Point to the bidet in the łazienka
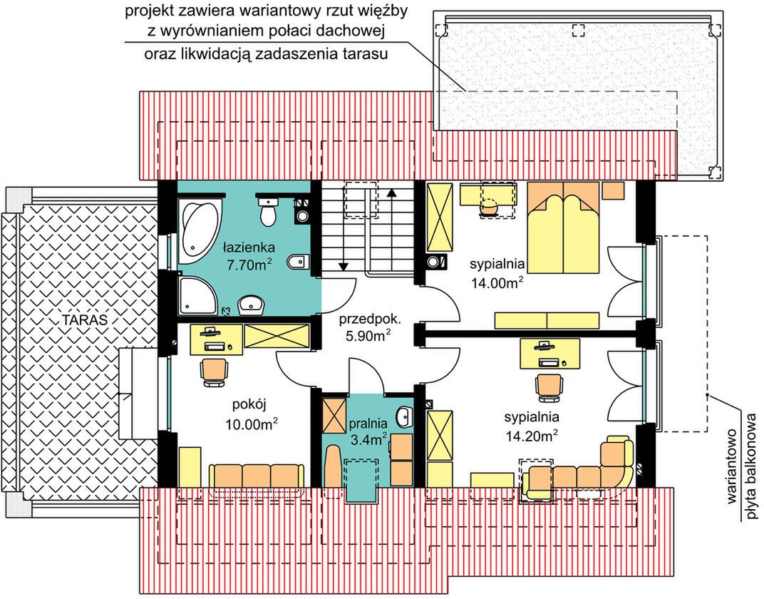[x=297, y=262]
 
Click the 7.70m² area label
[x=249, y=265]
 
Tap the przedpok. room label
[x=371, y=319]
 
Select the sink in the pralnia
[x=404, y=416]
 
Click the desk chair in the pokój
[x=214, y=372]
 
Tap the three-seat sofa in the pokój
[x=257, y=475]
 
